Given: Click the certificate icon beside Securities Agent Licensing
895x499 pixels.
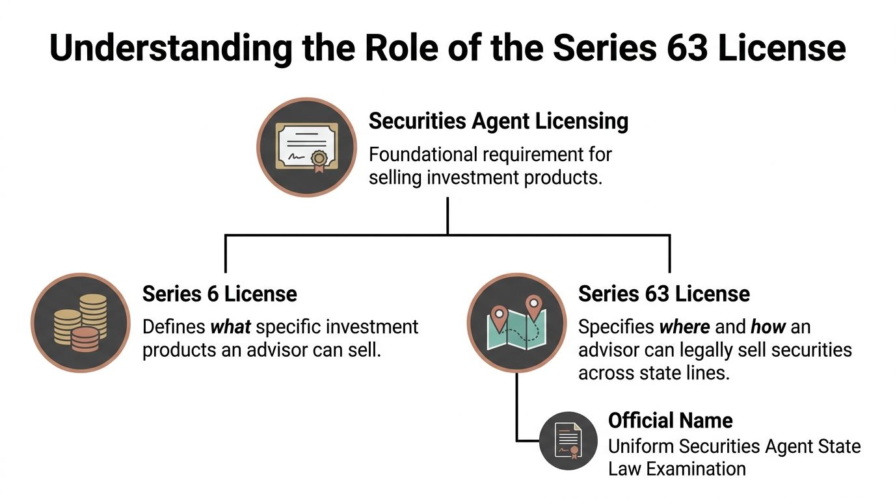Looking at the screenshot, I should [x=306, y=147].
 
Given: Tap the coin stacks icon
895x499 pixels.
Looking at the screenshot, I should [x=81, y=323].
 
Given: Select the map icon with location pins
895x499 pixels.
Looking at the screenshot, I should [x=517, y=323].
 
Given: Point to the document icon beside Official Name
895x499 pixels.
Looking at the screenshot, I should [x=568, y=441].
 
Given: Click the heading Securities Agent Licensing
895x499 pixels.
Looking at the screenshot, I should [x=498, y=122].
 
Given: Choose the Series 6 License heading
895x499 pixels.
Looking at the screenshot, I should [x=219, y=294].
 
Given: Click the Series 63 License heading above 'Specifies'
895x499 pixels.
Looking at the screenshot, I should [x=663, y=294].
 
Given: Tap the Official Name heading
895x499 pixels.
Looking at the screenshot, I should [x=670, y=420].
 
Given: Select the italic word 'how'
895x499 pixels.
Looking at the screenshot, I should [x=768, y=326].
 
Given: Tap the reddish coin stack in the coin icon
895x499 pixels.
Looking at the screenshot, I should [x=85, y=339].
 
